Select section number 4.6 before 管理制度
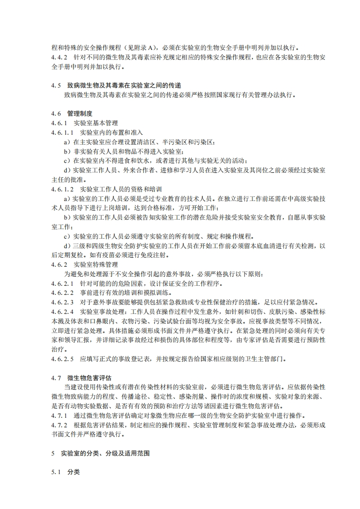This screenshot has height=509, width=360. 56,113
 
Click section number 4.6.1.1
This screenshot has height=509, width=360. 63,132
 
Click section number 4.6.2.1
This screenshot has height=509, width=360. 63,284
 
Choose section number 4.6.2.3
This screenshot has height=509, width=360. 63,303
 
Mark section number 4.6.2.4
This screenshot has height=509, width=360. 63,312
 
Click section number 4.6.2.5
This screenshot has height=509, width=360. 63,359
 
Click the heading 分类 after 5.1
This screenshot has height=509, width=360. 73,472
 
